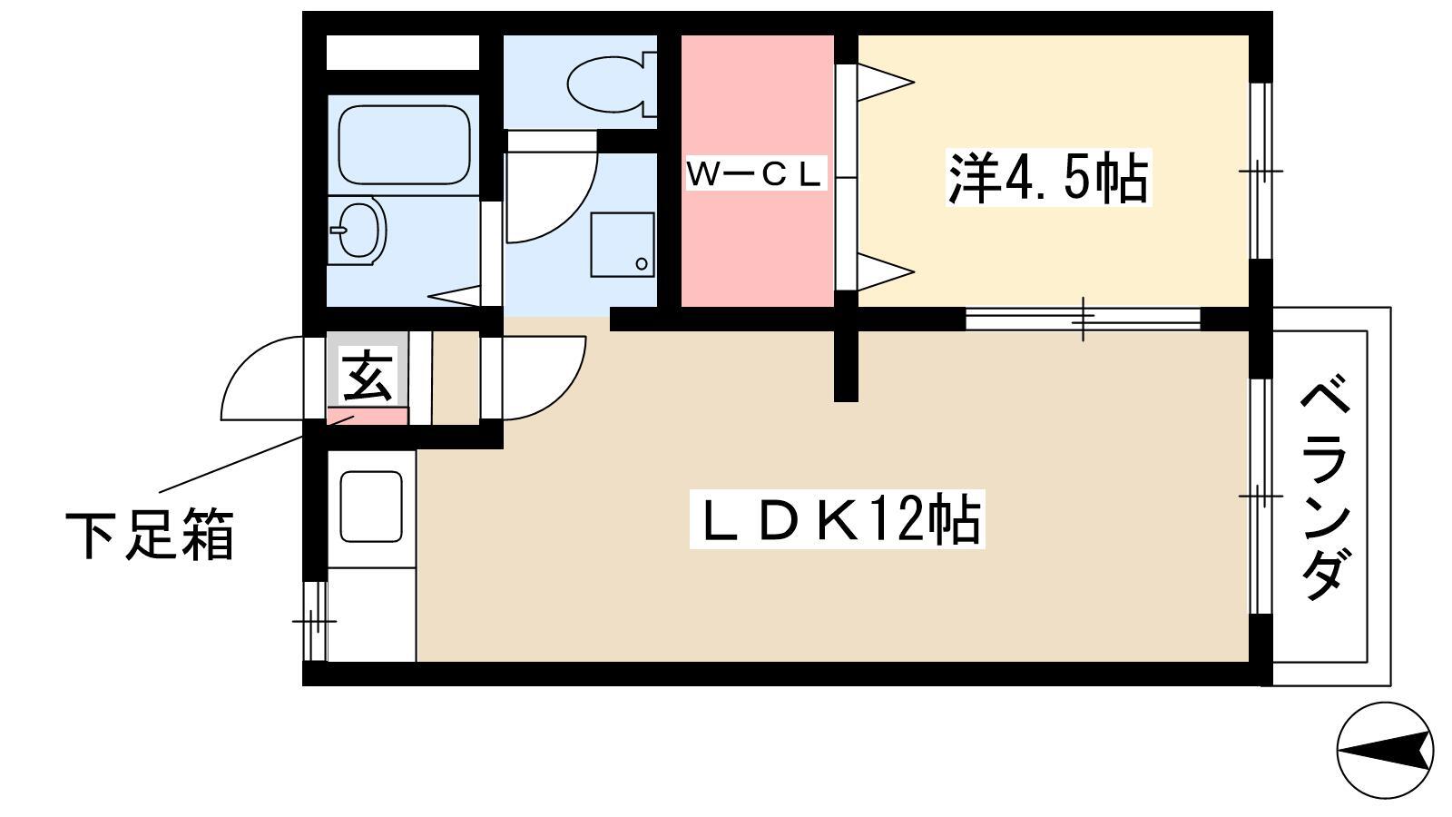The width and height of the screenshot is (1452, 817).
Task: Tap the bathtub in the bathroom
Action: click(x=404, y=145)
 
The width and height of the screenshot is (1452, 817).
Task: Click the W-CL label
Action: click(x=756, y=173)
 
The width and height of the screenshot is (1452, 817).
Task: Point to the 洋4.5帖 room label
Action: click(x=1048, y=177)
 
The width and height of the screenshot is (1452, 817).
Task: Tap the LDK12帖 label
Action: click(x=838, y=518)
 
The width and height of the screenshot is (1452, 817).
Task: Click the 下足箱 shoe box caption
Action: click(x=150, y=536)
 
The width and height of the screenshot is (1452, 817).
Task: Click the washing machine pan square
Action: click(x=622, y=244)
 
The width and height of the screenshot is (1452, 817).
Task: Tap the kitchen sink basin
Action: click(x=371, y=507)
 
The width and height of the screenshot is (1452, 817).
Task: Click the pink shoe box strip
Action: click(x=367, y=416)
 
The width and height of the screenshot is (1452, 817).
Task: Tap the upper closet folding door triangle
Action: click(x=886, y=83)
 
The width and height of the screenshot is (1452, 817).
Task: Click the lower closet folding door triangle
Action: click(x=886, y=271)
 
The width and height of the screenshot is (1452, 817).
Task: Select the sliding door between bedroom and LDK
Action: click(x=1083, y=319)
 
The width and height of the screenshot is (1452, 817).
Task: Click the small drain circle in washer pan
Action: click(x=642, y=264)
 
